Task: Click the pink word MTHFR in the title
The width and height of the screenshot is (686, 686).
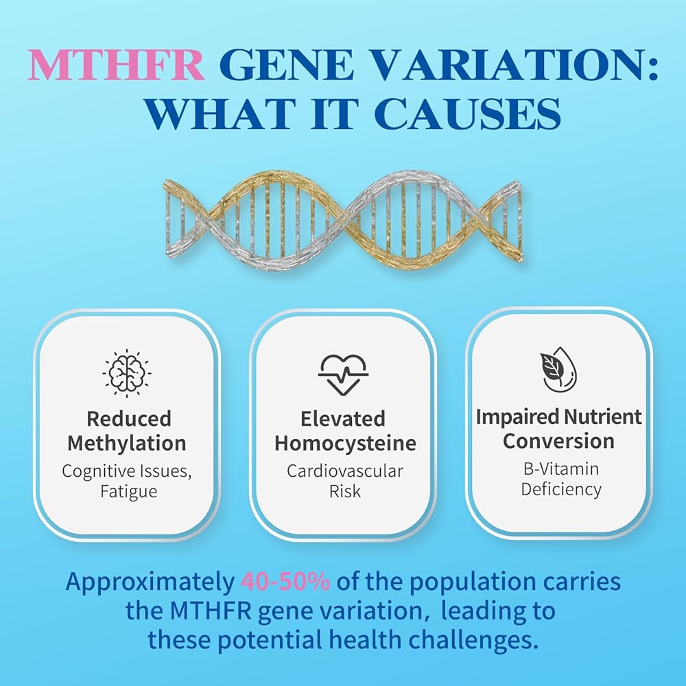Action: coord(116,64)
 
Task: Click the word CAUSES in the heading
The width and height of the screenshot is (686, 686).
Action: coord(467,113)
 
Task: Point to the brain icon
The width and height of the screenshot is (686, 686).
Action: coord(127,373)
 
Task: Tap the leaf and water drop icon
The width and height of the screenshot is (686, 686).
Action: coord(557,370)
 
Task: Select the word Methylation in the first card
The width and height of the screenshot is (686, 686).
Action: coord(127,444)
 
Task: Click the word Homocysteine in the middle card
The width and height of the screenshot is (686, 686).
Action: coord(345,444)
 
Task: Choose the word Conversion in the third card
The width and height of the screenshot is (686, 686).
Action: coord(558,441)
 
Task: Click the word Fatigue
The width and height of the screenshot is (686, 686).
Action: coord(129,492)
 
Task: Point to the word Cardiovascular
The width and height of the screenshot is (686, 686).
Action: coord(345,471)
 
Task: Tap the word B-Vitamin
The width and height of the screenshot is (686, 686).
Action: coord(561,469)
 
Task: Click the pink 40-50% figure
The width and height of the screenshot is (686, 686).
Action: coord(285,582)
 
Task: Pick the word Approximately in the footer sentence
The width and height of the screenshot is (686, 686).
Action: coord(150,582)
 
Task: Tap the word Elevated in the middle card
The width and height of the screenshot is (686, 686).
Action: coord(343,418)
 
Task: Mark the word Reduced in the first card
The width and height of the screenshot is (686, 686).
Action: coord(129,418)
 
